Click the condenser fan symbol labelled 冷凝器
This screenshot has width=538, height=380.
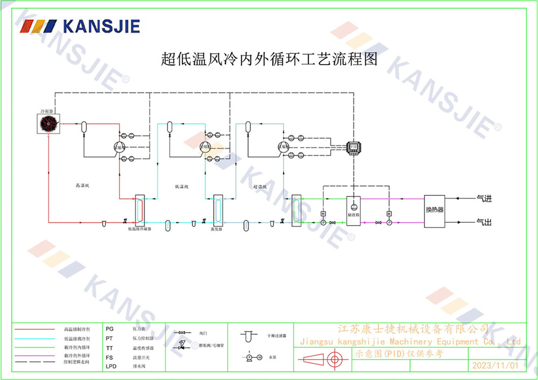pyautogui.click(x=48, y=124)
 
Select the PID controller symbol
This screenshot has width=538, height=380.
pyautogui.click(x=353, y=146)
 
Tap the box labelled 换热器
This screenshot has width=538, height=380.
pyautogui.click(x=435, y=210)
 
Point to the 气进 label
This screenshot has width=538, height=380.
pyautogui.click(x=484, y=199)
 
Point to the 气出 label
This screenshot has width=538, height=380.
pyautogui.click(x=484, y=222)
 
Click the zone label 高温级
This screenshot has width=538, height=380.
pyautogui.click(x=82, y=185)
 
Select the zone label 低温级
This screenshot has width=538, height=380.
pyautogui.click(x=182, y=187)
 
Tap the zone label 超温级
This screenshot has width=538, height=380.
pyautogui.click(x=260, y=187)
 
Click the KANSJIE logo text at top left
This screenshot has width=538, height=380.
pyautogui.click(x=101, y=26)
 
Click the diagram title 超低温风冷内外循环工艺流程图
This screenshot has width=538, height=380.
pyautogui.click(x=269, y=58)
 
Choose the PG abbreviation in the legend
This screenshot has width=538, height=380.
pyautogui.click(x=110, y=328)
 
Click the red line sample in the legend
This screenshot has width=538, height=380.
pyautogui.click(x=35, y=328)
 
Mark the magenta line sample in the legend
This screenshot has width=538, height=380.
pyautogui.click(x=35, y=356)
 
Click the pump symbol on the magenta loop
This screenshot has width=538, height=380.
pyautogui.click(x=388, y=222)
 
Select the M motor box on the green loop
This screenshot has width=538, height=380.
pyautogui.click(x=323, y=214)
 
